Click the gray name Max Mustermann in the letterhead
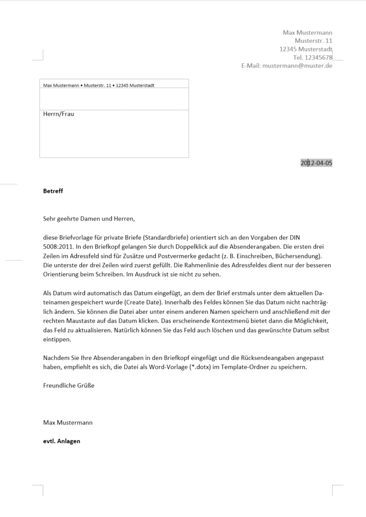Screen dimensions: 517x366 [x=307, y=32]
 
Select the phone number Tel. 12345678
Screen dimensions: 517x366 [x=313, y=58]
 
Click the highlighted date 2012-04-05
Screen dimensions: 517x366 [x=316, y=163]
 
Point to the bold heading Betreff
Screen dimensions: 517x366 [x=53, y=191]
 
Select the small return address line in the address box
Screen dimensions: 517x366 [x=99, y=86]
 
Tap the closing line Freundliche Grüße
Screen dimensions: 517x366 [x=69, y=386]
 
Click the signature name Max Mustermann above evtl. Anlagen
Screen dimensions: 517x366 [x=68, y=422]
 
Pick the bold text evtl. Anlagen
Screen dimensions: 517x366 [x=61, y=441]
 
